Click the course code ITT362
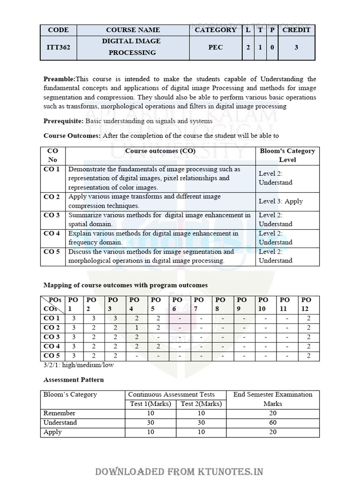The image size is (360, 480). (x=58, y=47)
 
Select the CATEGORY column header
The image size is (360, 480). (x=216, y=30)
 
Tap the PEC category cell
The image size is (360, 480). (x=216, y=47)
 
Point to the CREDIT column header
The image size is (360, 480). (x=296, y=30)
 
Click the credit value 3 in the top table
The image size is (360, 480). (x=296, y=47)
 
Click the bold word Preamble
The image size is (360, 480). (x=59, y=79)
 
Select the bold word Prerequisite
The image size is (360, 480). (x=63, y=121)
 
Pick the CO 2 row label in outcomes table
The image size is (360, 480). (x=52, y=197)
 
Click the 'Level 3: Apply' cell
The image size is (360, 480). (x=281, y=201)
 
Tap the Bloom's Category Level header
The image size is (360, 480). (x=287, y=155)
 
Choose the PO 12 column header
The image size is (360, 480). (x=307, y=304)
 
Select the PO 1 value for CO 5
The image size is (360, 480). (x=74, y=356)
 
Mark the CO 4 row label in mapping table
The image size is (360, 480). (x=52, y=346)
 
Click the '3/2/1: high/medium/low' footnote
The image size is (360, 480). (x=78, y=365)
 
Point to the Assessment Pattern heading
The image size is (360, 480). (x=74, y=380)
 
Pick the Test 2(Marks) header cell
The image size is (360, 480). (x=201, y=404)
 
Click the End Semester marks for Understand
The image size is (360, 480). (x=273, y=422)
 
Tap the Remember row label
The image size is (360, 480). (x=60, y=413)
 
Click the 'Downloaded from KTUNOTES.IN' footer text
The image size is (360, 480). (x=180, y=472)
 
